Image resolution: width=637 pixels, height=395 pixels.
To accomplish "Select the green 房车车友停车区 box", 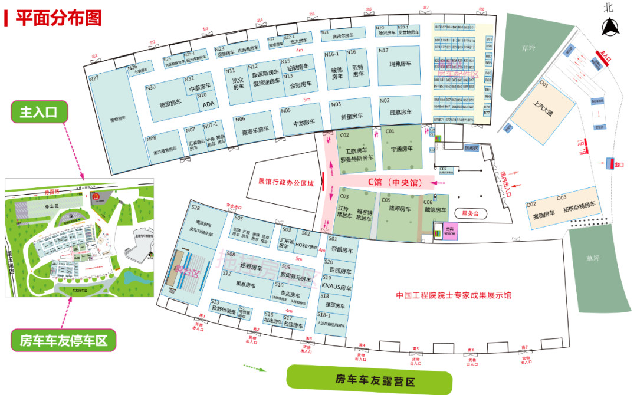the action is [x=63, y=340].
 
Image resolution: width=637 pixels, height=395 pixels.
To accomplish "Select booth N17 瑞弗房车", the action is [x=399, y=64].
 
